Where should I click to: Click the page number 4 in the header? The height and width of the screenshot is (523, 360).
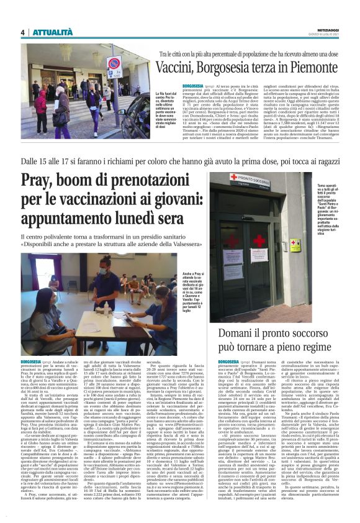(x=23, y=32)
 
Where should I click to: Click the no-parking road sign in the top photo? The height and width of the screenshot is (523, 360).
(x=113, y=63)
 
